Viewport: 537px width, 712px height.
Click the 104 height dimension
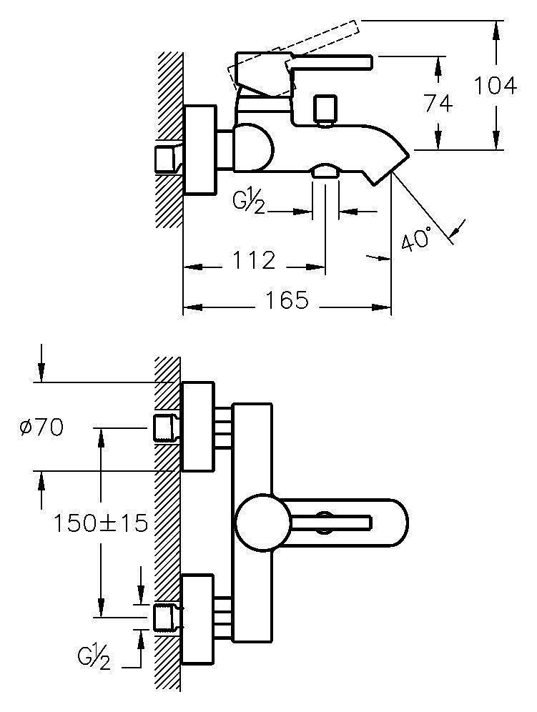(x=495, y=86)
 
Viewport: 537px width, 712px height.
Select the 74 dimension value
(x=438, y=104)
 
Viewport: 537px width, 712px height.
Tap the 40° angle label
(x=416, y=238)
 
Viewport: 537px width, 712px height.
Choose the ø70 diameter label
(x=42, y=427)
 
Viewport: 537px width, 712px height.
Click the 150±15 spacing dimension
(x=101, y=523)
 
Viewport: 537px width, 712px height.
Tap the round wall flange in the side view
(x=199, y=150)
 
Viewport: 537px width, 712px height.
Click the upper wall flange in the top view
(x=198, y=427)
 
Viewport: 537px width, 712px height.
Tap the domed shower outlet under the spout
(x=325, y=170)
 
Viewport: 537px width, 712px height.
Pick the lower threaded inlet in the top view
(x=166, y=618)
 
